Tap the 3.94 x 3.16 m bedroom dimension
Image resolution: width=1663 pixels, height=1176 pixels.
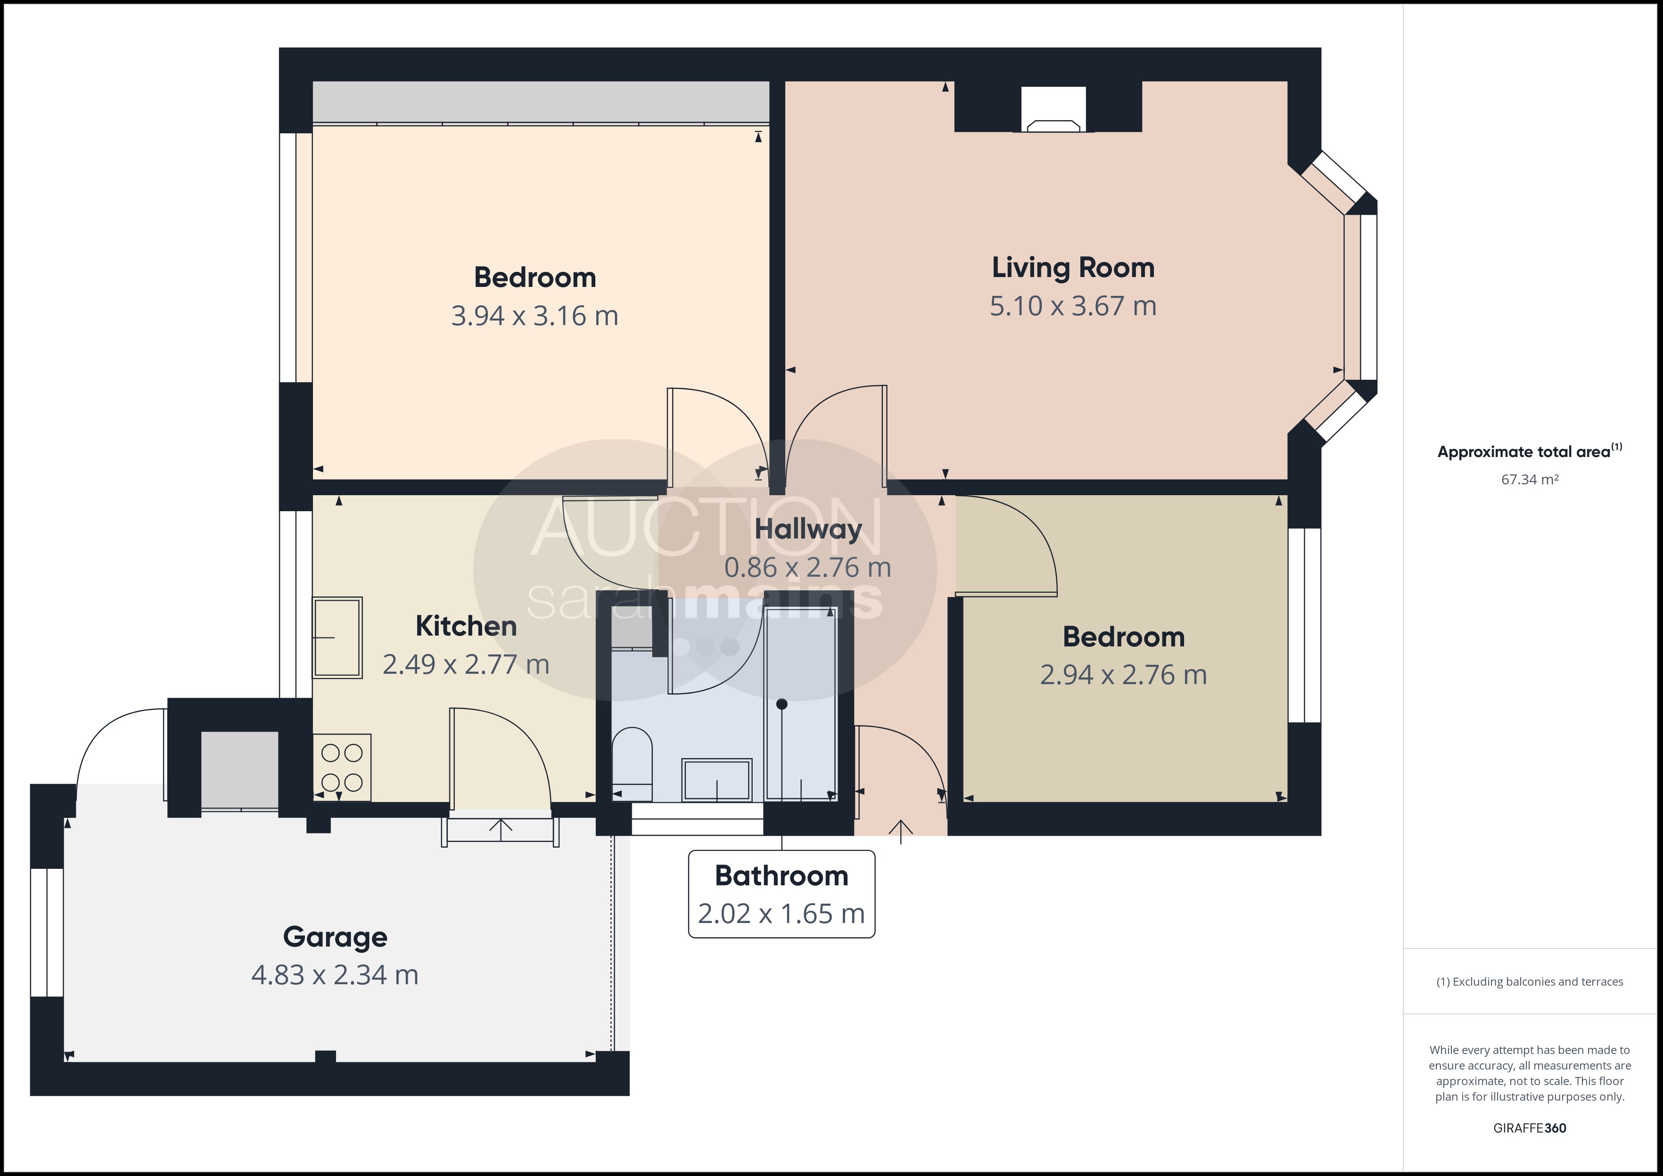[535, 316]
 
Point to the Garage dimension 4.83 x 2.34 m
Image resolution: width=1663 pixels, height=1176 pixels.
[335, 975]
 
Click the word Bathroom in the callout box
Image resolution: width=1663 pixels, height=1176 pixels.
[782, 875]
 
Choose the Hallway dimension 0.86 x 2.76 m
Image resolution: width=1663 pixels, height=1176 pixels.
[807, 567]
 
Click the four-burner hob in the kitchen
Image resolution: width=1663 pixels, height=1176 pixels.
[342, 768]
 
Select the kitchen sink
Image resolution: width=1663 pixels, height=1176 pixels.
[337, 637]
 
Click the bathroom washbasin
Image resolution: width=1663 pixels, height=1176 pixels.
[717, 780]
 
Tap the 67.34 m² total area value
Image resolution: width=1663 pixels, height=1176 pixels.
[1530, 479]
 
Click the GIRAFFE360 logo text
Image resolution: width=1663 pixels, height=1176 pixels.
[1530, 1127]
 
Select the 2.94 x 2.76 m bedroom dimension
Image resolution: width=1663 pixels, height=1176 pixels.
[1123, 675]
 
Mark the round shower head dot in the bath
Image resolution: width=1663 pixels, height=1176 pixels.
[782, 704]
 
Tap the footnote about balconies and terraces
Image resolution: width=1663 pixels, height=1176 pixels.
[1530, 982]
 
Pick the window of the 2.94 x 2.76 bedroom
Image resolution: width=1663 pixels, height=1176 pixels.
[1304, 626]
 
